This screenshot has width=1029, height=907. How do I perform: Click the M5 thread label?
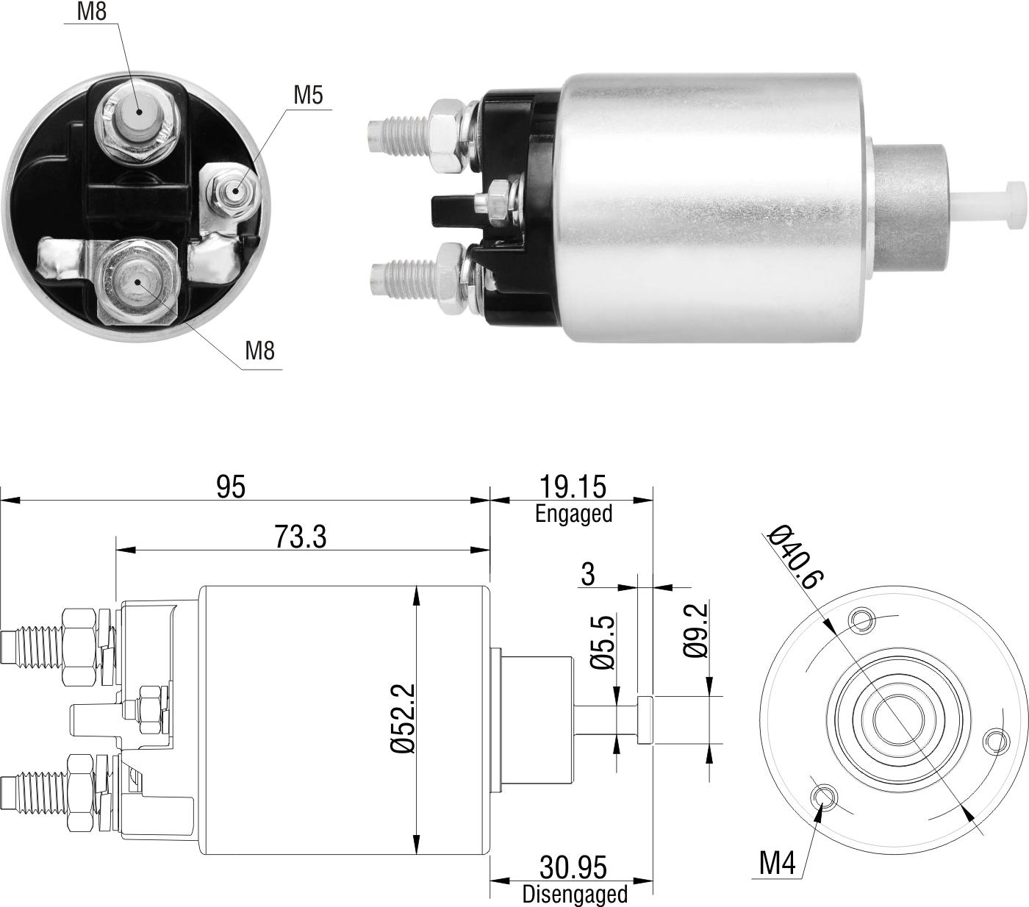tap(308, 95)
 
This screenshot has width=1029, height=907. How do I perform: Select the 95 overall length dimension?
tap(231, 487)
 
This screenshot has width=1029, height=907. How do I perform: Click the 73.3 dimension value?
tap(300, 537)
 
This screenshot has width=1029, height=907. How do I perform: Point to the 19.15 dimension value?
tap(573, 487)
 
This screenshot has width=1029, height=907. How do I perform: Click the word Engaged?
tap(573, 514)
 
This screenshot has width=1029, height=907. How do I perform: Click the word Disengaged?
tap(575, 895)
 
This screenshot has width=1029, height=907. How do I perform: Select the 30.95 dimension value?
tap(573, 867)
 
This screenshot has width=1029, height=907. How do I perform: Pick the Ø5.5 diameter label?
tap(603, 642)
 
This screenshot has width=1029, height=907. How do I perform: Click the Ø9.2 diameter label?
tap(695, 630)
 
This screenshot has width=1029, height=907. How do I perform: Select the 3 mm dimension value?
tap(587, 574)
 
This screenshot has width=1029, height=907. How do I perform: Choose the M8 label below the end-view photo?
tap(259, 351)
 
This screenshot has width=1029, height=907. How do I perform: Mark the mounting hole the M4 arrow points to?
tap(824, 795)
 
